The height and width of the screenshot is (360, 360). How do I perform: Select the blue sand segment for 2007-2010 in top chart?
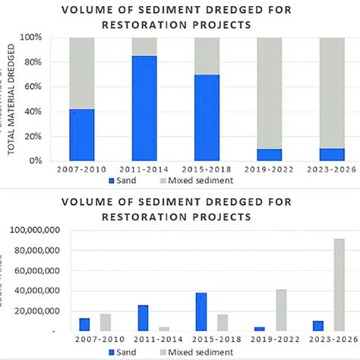click(x=83, y=134)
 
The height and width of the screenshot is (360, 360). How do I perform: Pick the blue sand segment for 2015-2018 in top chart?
click(x=207, y=118)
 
